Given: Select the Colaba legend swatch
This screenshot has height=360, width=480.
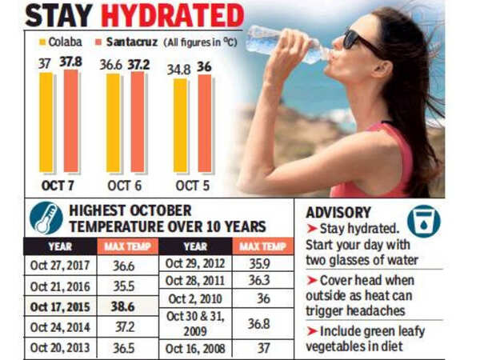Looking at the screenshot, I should pos(41,41).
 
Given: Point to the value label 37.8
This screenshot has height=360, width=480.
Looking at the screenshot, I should pos(73,62).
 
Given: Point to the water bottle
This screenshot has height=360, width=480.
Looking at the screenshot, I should pos(275,39).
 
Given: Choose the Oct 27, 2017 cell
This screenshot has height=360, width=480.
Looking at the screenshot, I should pos(60,265).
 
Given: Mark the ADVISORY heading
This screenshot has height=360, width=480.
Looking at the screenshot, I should pos(338,213).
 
